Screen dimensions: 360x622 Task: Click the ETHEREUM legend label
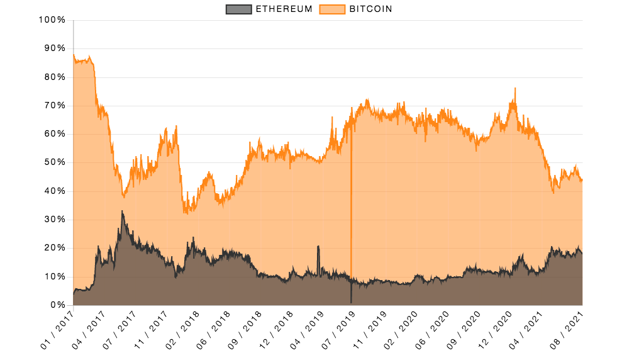click(x=283, y=9)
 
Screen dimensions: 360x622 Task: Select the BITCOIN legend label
click(x=371, y=9)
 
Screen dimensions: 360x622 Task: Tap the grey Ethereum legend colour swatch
click(x=238, y=9)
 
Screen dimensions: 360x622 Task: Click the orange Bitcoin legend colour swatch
click(x=332, y=9)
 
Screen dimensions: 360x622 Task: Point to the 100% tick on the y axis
click(x=52, y=20)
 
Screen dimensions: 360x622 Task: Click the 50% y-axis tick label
click(x=54, y=162)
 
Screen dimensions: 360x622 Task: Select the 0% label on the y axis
click(x=57, y=305)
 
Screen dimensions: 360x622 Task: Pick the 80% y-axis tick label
click(x=54, y=77)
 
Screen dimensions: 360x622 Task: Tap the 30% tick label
click(x=54, y=220)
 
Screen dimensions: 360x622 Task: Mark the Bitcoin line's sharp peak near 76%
click(x=515, y=89)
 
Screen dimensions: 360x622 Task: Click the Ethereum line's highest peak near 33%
click(x=122, y=211)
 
